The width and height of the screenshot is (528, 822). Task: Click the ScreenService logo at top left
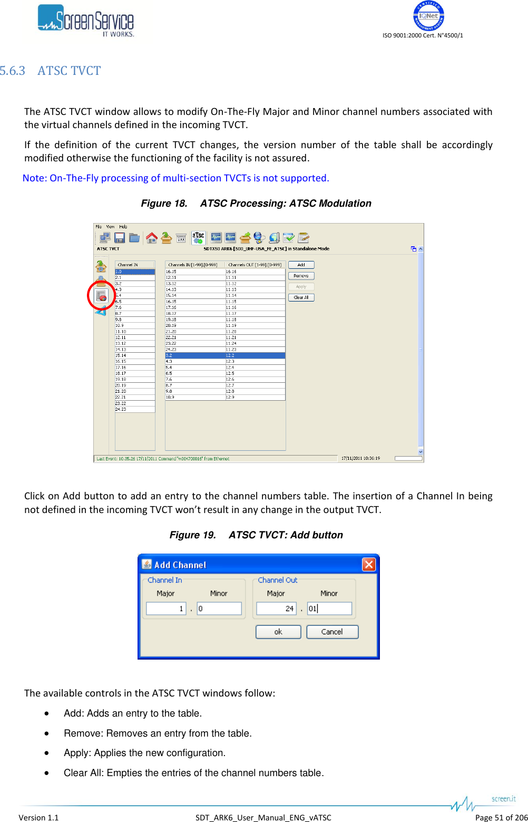[x=86, y=21]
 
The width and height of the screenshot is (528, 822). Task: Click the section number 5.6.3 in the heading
[x=13, y=71]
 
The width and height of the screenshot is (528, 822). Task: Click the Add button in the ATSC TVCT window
[x=301, y=265]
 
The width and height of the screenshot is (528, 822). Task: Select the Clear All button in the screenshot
[x=301, y=297]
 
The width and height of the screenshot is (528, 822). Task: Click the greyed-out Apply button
[x=301, y=287]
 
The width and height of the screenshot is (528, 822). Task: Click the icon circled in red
[x=101, y=296]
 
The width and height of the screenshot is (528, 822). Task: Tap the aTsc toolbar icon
[x=198, y=237]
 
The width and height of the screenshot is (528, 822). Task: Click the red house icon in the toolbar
[x=152, y=238]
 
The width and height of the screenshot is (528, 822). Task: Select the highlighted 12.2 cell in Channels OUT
[x=255, y=356]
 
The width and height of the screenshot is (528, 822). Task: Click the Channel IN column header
[x=135, y=265]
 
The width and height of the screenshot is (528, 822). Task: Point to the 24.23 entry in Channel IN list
[x=121, y=409]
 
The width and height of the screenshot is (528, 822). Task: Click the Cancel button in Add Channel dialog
[x=332, y=632]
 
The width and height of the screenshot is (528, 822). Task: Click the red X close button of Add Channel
[x=369, y=565]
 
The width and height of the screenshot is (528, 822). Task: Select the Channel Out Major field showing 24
[x=276, y=608]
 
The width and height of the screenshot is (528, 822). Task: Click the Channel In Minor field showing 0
[x=219, y=608]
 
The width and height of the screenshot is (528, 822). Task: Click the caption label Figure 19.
[x=192, y=535]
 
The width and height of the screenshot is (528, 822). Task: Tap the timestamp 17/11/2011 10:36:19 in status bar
[x=360, y=459]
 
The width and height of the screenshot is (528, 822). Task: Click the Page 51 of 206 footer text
[x=501, y=817]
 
